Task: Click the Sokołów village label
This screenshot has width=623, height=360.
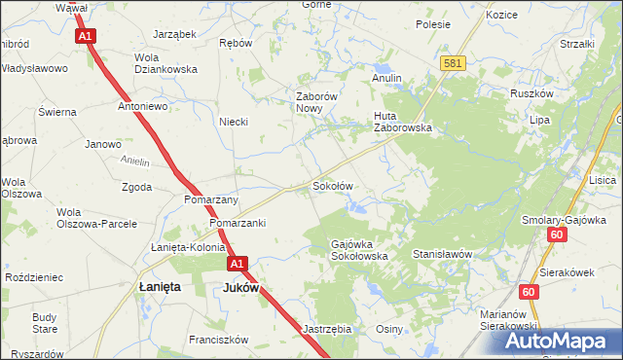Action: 331,185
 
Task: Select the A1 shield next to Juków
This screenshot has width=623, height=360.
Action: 238,264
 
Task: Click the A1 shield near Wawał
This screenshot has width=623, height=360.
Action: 86,36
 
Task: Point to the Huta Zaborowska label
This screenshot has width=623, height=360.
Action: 402,121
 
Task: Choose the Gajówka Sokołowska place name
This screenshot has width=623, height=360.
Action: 359,249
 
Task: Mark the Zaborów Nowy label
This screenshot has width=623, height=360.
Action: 316,102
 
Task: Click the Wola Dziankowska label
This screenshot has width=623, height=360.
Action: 165,63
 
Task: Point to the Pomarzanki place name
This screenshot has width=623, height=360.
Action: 237,223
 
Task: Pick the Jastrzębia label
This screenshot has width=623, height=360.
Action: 326,329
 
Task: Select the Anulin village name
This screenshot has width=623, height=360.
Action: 387,77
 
